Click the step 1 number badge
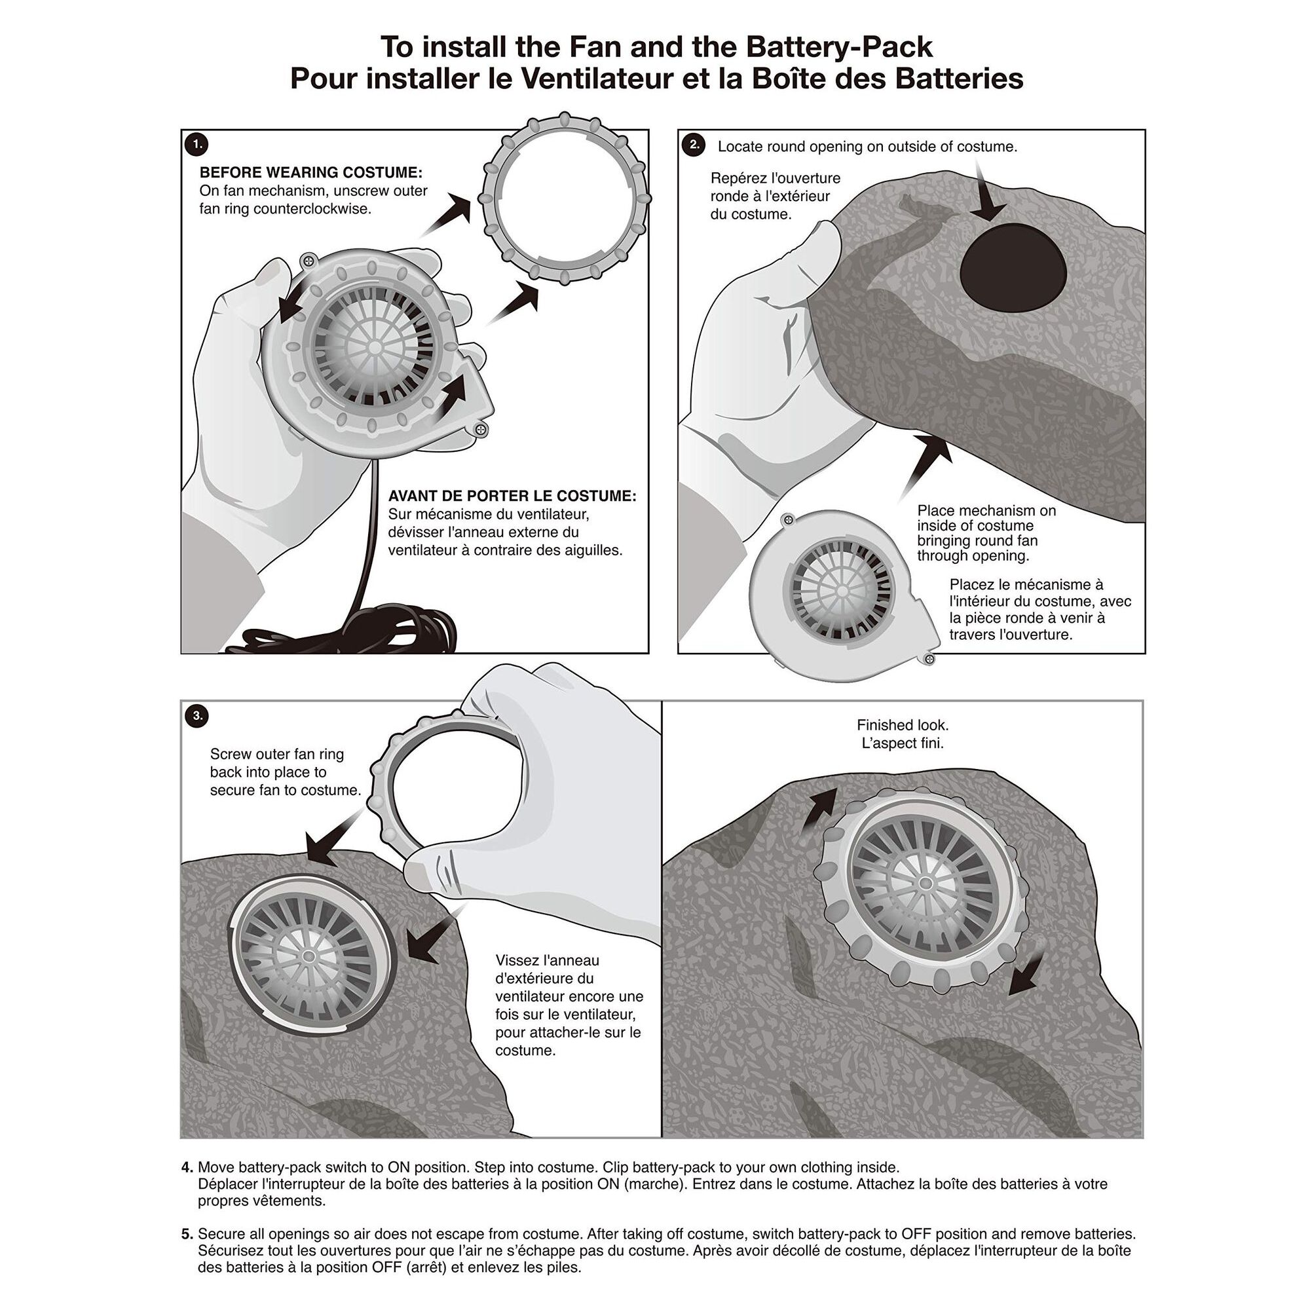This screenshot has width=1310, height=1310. tap(197, 144)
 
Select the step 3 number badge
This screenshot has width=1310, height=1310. tap(197, 715)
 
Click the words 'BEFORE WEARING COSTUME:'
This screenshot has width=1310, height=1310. tap(310, 172)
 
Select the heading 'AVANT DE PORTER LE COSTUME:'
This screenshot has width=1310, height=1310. tap(512, 496)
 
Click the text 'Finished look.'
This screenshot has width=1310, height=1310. tap(903, 725)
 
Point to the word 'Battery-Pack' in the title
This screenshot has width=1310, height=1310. tap(839, 47)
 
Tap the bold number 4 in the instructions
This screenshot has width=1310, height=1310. tap(187, 1168)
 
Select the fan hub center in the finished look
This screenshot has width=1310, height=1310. tap(925, 884)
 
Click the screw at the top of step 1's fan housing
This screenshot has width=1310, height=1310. tap(309, 259)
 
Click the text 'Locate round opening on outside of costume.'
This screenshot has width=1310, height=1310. tap(867, 147)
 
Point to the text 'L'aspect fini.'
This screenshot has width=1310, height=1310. tap(903, 743)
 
